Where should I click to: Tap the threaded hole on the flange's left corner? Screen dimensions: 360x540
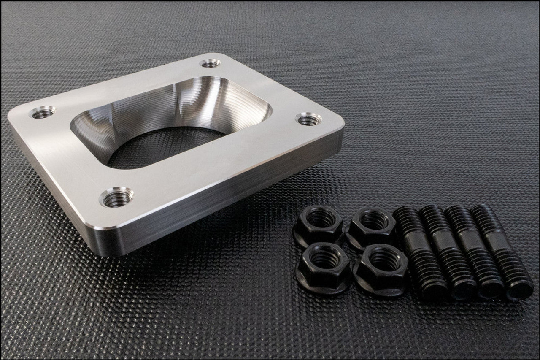click(x=43, y=112)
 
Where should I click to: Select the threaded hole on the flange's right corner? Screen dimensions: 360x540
click(x=308, y=119)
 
